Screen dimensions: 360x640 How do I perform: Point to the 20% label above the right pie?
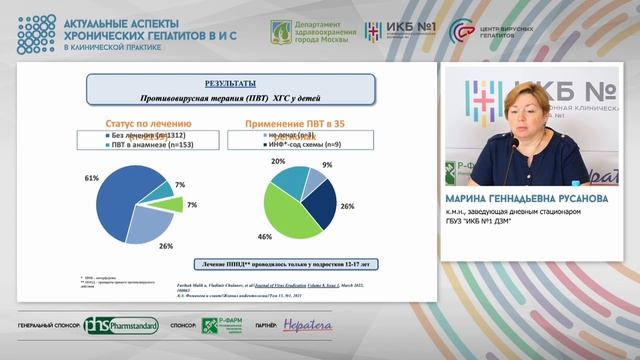pos(276,161)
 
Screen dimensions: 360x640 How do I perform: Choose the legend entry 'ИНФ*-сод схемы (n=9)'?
pos(304,144)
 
